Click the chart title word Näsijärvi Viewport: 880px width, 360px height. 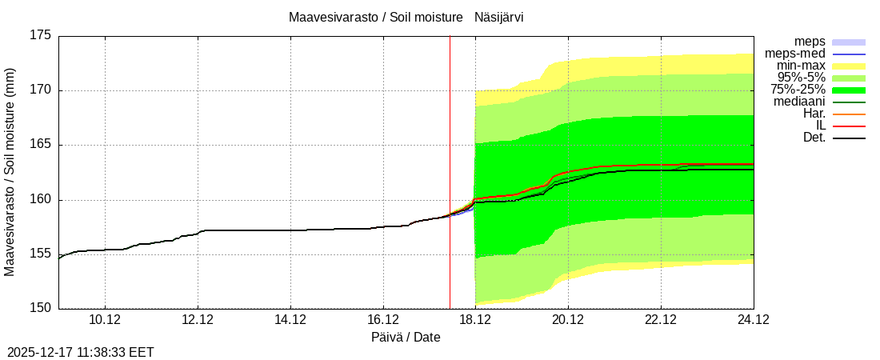499,17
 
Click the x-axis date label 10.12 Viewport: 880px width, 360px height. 105,320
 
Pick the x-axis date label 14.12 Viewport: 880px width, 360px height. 290,320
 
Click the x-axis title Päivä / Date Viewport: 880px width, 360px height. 406,337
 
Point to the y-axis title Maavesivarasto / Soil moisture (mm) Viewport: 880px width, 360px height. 10,172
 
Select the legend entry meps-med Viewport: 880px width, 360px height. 795,53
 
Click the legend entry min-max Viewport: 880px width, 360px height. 801,65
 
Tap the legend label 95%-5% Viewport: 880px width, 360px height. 800,77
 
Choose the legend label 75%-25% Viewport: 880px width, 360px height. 798,89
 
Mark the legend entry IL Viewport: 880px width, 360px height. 820,125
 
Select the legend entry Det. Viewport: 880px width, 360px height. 814,137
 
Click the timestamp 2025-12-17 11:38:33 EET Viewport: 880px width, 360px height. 81,351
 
